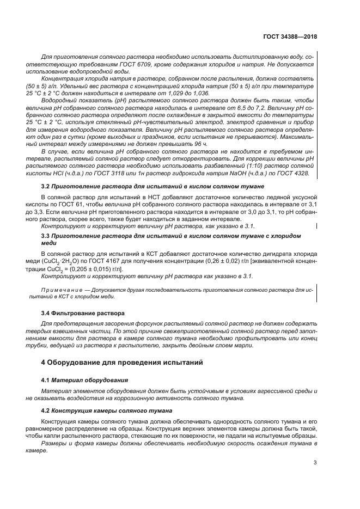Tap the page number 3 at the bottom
(x=315, y=463)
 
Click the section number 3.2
(x=46, y=187)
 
